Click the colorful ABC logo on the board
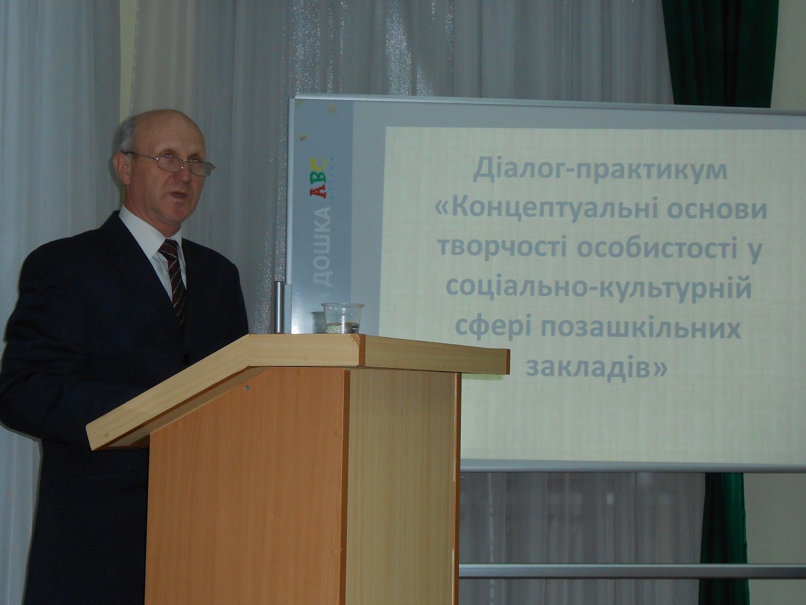point(318,178)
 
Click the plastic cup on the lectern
point(343,318)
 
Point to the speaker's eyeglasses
point(172,163)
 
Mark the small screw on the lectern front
point(247,387)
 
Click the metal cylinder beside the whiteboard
point(280,307)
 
